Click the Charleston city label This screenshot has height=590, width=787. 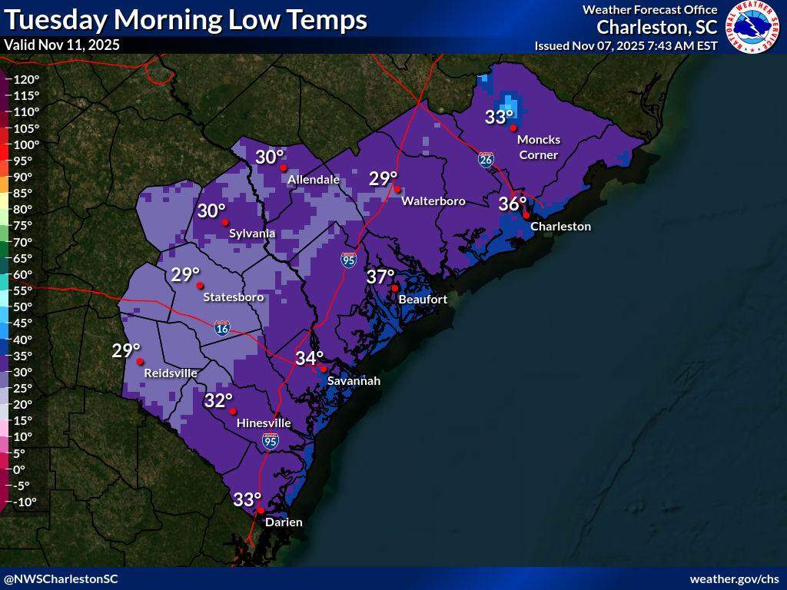[560, 227]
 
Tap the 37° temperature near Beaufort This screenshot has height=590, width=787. [380, 277]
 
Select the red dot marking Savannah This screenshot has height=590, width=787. [324, 369]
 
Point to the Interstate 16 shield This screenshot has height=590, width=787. [222, 329]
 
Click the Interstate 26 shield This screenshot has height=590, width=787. [486, 160]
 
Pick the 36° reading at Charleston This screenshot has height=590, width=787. [513, 204]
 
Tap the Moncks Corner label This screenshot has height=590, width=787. [539, 147]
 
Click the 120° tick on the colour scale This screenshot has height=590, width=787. [26, 79]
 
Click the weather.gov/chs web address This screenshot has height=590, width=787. [734, 578]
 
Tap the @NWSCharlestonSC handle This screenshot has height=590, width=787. [61, 578]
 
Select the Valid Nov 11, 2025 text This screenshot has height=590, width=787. [61, 45]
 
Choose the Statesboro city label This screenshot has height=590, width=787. [233, 297]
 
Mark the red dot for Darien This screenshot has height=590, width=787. [261, 511]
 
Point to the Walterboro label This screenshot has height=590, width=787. [433, 201]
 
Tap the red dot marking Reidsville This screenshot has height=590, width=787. [140, 362]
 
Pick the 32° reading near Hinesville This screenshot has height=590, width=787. [218, 400]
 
